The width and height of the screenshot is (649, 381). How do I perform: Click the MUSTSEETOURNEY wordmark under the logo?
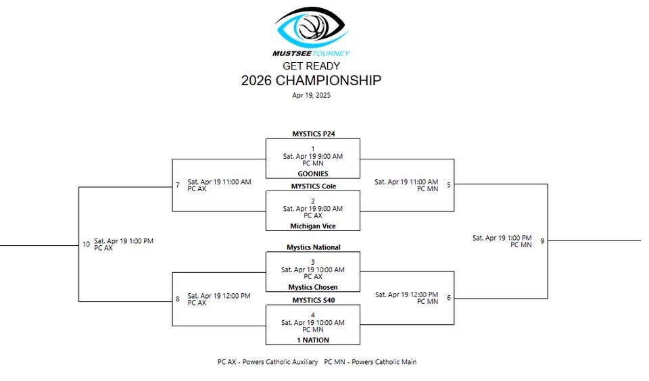[311, 53]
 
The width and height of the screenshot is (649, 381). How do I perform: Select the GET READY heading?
[311, 66]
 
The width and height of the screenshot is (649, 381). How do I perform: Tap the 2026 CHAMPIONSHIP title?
[311, 81]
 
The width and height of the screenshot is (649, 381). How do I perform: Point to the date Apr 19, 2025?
[311, 96]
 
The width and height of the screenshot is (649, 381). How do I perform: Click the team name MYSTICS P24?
[313, 134]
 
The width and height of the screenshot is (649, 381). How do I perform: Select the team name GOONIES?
[313, 174]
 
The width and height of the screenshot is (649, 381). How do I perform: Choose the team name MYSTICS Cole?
[313, 186]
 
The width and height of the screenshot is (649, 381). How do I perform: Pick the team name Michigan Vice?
[313, 226]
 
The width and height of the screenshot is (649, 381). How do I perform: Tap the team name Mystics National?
[313, 247]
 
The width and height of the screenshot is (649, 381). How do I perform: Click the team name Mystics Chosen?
[313, 287]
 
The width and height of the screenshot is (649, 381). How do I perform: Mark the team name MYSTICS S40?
[313, 300]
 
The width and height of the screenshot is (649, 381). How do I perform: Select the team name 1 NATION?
[313, 340]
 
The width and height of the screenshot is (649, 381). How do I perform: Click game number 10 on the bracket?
[86, 245]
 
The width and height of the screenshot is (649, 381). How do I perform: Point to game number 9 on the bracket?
[542, 241]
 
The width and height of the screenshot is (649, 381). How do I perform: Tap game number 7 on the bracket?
[178, 185]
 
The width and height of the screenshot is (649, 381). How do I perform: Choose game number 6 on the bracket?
[448, 298]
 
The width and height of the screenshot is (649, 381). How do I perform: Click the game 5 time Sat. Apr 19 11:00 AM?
[406, 182]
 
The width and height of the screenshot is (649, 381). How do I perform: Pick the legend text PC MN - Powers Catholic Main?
[370, 362]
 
